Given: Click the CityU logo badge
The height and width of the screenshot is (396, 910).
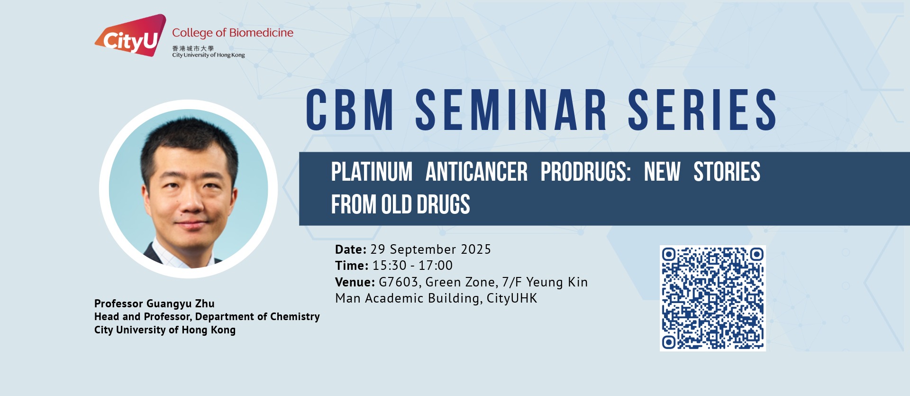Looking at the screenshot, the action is click(131, 36).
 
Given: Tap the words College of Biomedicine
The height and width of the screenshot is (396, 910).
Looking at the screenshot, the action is click(233, 33).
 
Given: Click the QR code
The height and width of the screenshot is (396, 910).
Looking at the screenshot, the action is click(713, 298).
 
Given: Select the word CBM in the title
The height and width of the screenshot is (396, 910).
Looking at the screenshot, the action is click(350, 110).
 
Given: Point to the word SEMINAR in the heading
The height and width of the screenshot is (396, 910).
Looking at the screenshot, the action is click(511, 110).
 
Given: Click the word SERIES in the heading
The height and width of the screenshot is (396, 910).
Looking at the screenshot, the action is click(702, 110).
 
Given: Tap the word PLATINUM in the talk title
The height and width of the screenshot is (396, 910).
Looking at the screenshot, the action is click(372, 172).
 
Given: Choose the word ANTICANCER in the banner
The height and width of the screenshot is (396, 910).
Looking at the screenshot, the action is click(476, 172).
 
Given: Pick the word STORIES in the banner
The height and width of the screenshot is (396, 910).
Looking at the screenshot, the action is click(727, 172).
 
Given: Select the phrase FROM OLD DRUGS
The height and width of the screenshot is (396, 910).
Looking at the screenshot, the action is click(400, 204).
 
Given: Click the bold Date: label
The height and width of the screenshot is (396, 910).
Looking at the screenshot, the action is click(351, 249).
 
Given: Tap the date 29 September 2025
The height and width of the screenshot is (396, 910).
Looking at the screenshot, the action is click(431, 249).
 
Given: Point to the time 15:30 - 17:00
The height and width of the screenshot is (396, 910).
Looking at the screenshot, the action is click(412, 266).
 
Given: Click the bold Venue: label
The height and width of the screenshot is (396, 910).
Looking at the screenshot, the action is click(355, 282).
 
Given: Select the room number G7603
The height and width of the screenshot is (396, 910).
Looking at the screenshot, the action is click(399, 282).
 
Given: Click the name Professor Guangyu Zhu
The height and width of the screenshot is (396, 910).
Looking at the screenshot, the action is click(155, 304).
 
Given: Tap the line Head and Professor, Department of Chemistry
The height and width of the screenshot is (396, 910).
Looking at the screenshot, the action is click(207, 317).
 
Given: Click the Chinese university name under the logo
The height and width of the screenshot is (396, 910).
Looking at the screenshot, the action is click(193, 48).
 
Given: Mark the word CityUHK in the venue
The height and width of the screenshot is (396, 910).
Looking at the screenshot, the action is click(512, 298).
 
